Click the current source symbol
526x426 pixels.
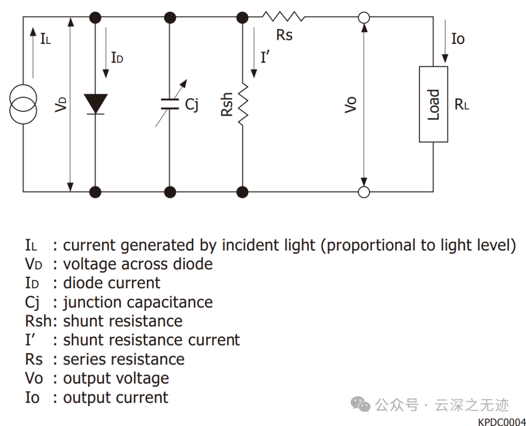(23, 104)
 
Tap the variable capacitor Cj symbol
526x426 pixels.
(170, 104)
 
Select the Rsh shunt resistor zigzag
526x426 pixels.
(243, 104)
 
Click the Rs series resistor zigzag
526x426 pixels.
(283, 17)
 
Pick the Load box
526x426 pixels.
(433, 104)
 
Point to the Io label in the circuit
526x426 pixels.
(458, 39)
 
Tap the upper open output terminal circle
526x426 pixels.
(364, 18)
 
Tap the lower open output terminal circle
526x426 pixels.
(364, 192)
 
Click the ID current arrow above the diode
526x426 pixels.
(106, 52)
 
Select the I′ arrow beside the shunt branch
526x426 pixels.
(254, 52)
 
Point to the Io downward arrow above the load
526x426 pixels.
(445, 41)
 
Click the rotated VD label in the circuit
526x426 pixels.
(61, 104)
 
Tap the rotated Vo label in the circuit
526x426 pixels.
(351, 104)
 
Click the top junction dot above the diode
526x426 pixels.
(95, 18)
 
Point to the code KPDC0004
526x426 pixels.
(502, 422)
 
